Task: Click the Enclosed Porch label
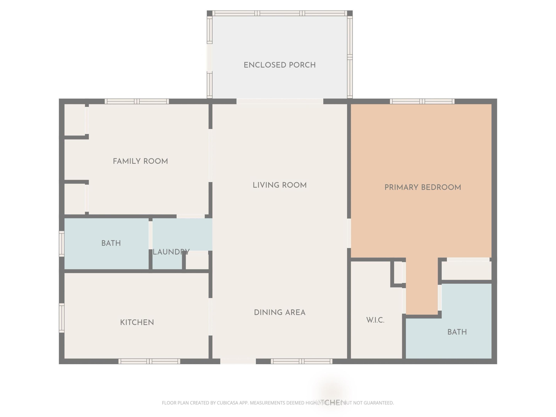(280, 65)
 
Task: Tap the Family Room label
(140, 161)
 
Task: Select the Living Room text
(280, 185)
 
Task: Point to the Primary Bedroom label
(423, 187)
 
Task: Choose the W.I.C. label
(375, 320)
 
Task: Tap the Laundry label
(171, 252)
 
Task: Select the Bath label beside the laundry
(111, 243)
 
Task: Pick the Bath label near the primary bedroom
(457, 332)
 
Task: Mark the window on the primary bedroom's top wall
(422, 102)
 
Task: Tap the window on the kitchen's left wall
(62, 318)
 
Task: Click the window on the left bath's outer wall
(62, 244)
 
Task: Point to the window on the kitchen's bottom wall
(149, 361)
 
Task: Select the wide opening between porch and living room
(280, 102)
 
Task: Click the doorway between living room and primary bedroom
(349, 233)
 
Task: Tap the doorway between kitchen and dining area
(210, 317)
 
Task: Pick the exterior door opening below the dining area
(238, 361)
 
